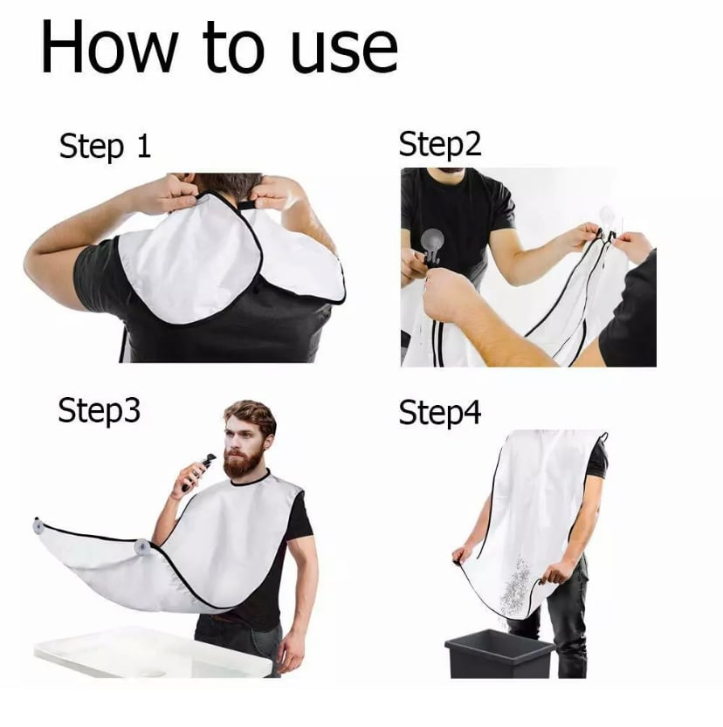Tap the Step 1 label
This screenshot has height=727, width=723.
105,146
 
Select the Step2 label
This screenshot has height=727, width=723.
439,145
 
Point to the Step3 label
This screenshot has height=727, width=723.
99,410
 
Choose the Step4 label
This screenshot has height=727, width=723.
439,413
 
